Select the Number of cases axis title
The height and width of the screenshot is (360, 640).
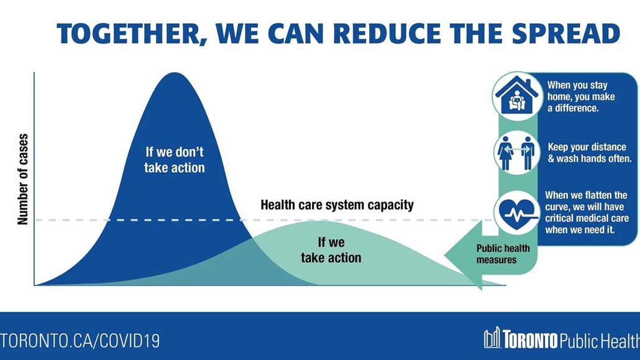pos(23,180)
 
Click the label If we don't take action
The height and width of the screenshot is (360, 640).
pos(174,160)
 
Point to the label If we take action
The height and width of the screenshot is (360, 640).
pos(331,250)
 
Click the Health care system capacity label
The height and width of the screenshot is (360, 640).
pos(337,205)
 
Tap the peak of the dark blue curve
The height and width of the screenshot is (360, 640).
pos(175,73)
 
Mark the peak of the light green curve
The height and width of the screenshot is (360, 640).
pos(318,221)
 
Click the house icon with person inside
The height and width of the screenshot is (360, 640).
pos(517,96)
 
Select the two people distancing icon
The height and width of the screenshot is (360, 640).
pos(517,153)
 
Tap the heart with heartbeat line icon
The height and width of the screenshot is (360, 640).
pos(517,213)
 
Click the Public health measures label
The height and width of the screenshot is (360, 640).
pos(503,254)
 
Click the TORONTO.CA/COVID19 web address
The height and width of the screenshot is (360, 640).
pos(80,341)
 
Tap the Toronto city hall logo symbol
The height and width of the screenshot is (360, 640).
pos(492,338)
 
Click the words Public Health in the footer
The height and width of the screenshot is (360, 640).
pos(600,340)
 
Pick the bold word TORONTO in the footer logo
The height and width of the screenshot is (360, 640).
pos(530,339)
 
